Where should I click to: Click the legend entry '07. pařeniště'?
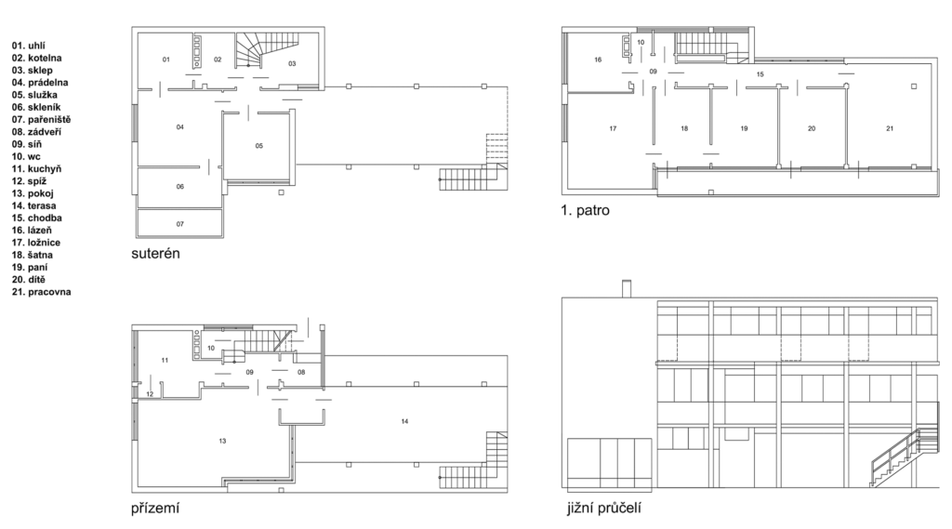(41, 120)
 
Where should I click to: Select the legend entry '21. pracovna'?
(41, 292)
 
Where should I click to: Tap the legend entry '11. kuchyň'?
(36, 169)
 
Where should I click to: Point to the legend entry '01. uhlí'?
(29, 46)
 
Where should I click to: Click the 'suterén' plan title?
(155, 253)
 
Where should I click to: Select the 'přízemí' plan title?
(155, 509)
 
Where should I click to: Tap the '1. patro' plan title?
(586, 211)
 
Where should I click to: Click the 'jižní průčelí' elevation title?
(604, 508)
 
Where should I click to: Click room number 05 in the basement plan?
(259, 146)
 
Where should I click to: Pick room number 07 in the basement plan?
(180, 224)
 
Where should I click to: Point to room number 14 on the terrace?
(405, 421)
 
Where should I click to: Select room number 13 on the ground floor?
(223, 441)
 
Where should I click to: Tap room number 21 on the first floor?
(890, 128)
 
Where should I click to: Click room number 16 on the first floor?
(598, 60)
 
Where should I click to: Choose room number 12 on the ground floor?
(150, 394)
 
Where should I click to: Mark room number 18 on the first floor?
(685, 128)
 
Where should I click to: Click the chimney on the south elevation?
(627, 289)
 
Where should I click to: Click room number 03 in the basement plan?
(292, 64)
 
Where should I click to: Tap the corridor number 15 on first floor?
(760, 74)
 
